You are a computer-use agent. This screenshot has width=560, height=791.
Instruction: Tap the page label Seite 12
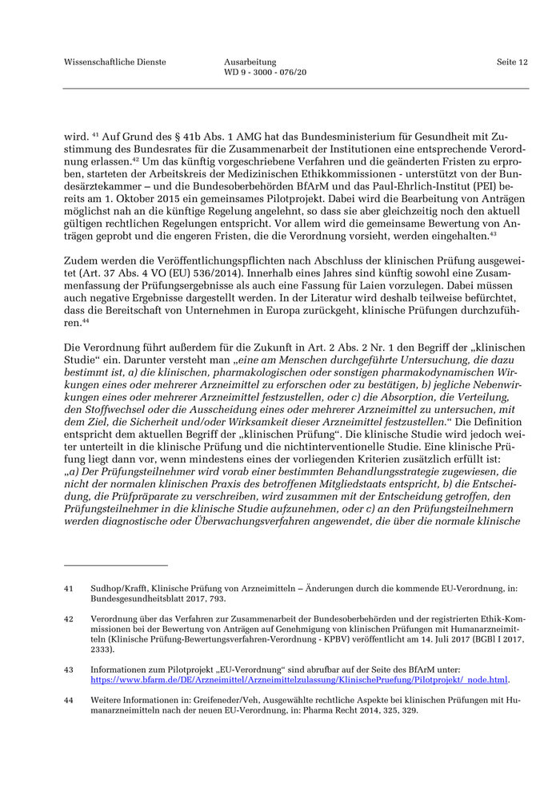(511, 62)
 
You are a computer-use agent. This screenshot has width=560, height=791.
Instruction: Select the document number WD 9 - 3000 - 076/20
(266, 73)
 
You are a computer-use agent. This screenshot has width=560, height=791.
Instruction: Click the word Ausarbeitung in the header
(250, 62)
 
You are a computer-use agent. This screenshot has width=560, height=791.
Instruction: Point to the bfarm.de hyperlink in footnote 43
(300, 680)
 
